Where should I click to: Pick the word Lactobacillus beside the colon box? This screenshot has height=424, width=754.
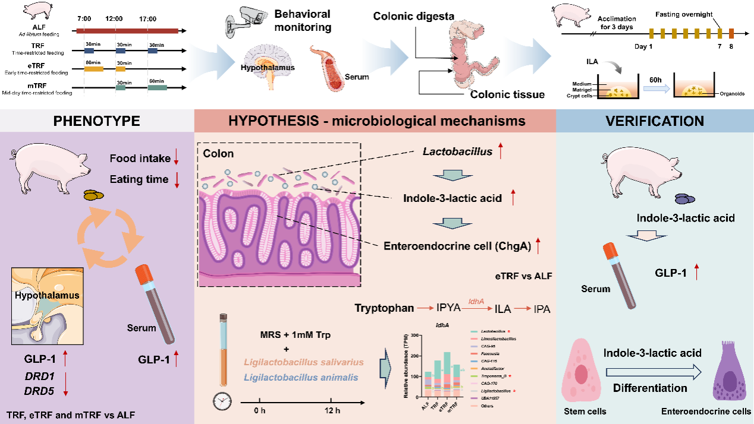(457, 151)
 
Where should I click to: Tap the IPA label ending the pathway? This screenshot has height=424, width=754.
(542, 309)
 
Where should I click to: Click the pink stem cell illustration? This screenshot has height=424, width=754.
(585, 374)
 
